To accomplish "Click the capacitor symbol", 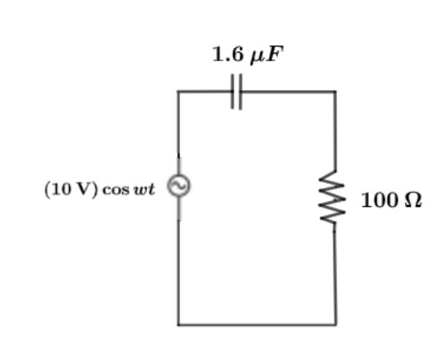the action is tap(237, 91).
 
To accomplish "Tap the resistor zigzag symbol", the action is tap(332, 197).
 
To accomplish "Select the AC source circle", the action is tap(179, 186).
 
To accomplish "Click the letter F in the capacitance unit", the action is tap(275, 53).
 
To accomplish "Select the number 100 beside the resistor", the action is tap(381, 200).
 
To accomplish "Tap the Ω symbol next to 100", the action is tap(414, 200).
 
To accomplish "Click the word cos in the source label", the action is tap(116, 190).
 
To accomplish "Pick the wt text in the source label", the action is tap(145, 189).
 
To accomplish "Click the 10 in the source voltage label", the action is tap(60, 189).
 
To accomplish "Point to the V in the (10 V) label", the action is tap(83, 189).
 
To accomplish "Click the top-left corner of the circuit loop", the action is tap(179, 91).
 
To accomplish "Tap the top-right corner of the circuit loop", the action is tap(335, 91).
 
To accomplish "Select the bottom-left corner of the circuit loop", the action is tap(179, 325).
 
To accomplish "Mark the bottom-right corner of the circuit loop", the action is tap(336, 325).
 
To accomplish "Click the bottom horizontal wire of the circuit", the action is tap(257, 325).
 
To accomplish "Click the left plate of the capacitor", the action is tap(233, 91).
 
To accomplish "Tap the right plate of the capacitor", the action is tap(240, 91).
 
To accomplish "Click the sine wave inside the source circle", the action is tap(179, 186).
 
